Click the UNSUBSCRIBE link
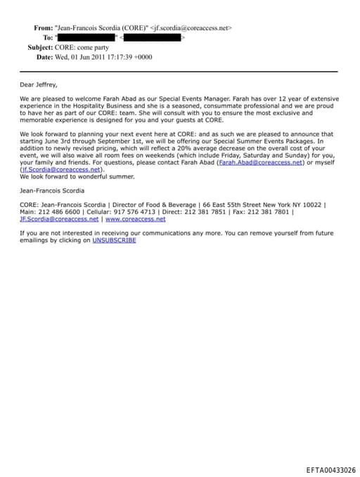click(x=114, y=241)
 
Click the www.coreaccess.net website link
click(x=136, y=219)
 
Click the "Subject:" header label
click(x=40, y=47)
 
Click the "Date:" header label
click(x=45, y=56)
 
